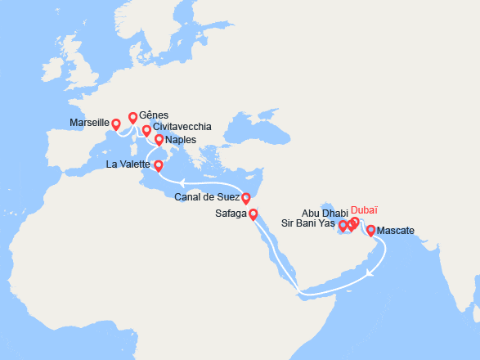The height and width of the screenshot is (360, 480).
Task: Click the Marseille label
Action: click(x=90, y=122)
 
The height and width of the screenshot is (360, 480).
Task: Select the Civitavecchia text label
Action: click(x=182, y=128)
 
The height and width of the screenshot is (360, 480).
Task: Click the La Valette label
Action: click(x=128, y=164)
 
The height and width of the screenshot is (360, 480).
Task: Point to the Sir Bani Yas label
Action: click(x=307, y=223)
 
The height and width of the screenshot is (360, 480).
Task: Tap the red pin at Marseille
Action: click(x=116, y=124)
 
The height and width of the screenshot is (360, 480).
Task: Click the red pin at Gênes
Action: click(x=132, y=117)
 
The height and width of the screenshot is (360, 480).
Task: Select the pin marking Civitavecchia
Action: click(x=147, y=129)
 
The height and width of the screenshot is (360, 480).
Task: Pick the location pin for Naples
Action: click(x=159, y=140)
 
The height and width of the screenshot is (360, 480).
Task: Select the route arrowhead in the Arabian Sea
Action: click(x=370, y=272)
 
